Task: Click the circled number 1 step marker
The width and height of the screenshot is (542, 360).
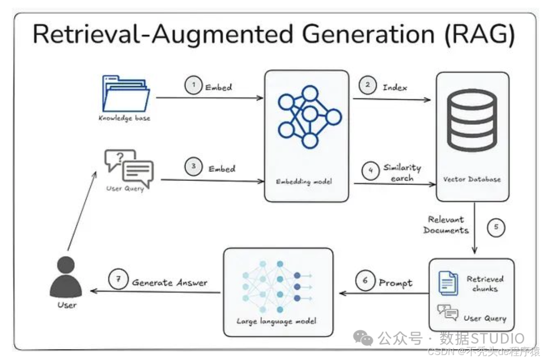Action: (193, 86)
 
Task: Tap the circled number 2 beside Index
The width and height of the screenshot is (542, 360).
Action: (367, 85)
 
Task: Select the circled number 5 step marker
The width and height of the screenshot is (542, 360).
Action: (495, 228)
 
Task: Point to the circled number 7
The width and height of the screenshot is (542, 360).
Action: (118, 280)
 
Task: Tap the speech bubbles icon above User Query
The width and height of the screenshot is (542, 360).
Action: (129, 167)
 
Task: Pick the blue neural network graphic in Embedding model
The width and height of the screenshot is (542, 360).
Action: (306, 116)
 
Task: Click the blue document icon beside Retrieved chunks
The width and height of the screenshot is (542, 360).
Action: (448, 283)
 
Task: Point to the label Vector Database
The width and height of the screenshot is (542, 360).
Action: (472, 179)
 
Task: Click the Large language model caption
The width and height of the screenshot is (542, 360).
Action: (277, 321)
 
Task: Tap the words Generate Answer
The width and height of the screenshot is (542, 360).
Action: (170, 283)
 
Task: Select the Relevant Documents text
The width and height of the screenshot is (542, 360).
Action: (446, 225)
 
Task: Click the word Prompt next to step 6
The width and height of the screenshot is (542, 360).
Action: (395, 283)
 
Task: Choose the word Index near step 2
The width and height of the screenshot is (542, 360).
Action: (395, 87)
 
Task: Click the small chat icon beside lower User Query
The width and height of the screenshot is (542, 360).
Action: (448, 312)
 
